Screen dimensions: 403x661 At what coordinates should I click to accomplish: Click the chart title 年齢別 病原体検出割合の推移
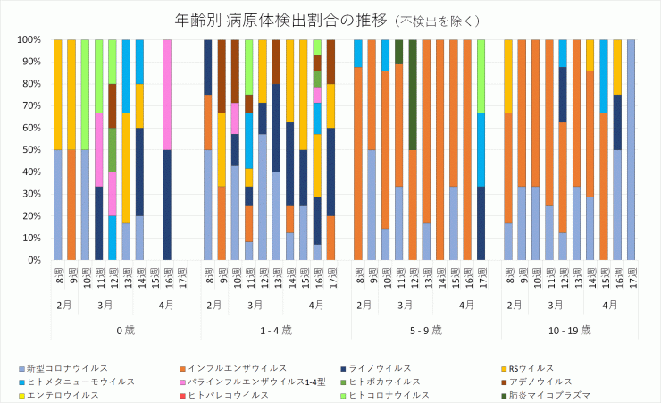coord(250,19)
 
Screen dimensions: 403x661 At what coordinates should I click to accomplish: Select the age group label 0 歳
coord(125,330)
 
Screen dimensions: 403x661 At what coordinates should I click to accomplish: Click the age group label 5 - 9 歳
coord(426,330)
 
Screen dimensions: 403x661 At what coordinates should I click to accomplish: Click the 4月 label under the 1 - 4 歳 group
coord(316,305)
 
